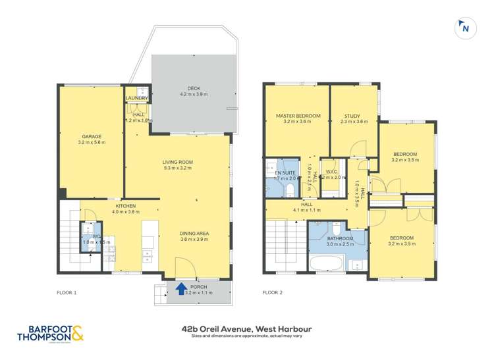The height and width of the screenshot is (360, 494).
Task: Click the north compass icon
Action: point(465,28)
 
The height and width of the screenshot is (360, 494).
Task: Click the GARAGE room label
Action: point(92,137)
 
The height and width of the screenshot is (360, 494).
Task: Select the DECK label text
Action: point(194,88)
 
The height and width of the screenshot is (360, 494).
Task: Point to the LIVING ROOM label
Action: point(177,162)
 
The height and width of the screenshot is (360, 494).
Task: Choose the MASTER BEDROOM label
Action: point(298,116)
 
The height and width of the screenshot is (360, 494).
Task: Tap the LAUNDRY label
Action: point(137,99)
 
